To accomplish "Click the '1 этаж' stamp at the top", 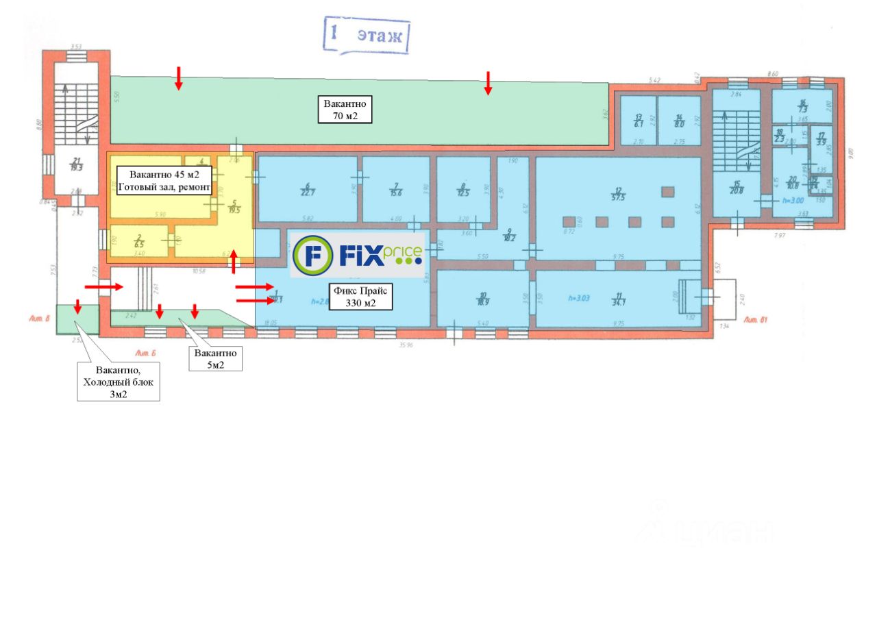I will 366,36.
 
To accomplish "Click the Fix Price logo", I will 358,255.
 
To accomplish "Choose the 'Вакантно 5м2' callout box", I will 216,359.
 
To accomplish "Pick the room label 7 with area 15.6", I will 395,190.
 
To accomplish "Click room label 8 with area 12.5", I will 463,190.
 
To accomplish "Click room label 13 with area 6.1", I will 638,121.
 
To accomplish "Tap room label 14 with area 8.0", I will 679,121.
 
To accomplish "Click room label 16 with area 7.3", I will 802,106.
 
